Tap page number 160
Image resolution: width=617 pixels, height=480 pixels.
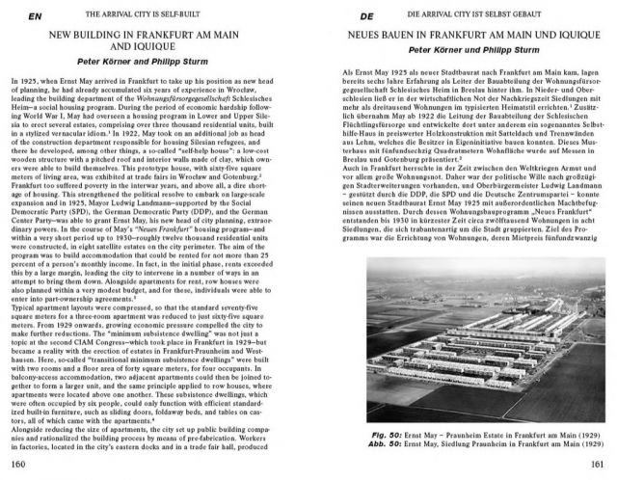19,465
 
